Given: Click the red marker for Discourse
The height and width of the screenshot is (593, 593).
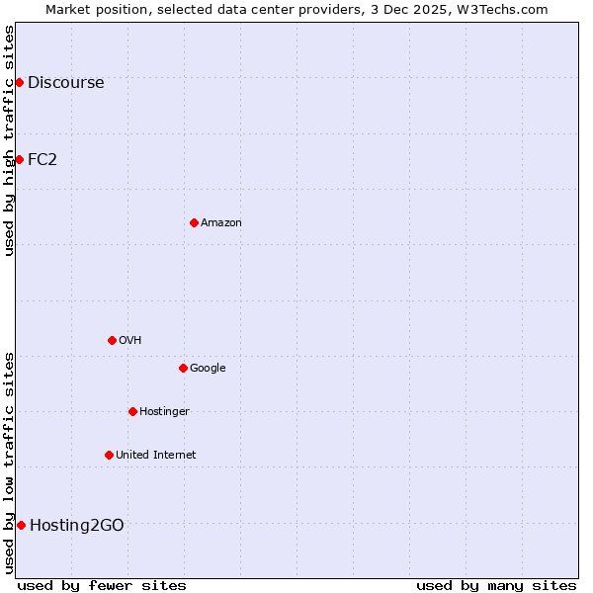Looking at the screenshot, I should coord(19,82).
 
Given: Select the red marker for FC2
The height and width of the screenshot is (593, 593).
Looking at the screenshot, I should coord(19,159).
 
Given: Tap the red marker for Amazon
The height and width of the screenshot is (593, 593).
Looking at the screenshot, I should coord(194,222).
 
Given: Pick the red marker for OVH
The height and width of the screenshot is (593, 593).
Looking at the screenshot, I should coord(112,340).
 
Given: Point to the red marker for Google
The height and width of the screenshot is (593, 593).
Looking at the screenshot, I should coord(183,368).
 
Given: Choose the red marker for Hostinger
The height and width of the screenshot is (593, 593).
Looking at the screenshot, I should coord(132,411).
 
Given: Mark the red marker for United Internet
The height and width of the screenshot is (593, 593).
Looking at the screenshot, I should coord(109,455).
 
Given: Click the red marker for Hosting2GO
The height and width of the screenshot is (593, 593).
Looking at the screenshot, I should coord(21,525).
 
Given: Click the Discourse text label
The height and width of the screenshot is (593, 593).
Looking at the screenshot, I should coord(65,83).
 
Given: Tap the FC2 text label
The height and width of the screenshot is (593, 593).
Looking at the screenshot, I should coord(42,160).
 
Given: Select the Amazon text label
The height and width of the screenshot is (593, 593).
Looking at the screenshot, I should coord(221,223).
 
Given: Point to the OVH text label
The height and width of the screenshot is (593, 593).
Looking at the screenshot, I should coord(130,341).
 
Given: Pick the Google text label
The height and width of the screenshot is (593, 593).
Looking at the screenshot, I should coord(208,369).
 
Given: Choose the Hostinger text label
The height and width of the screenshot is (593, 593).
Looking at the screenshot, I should coord(164,412).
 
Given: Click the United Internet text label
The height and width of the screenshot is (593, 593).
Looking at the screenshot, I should coord(155,456).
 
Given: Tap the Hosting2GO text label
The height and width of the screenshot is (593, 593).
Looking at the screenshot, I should coord(77,526).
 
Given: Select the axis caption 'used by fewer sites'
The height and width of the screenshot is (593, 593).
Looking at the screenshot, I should coord(102,585).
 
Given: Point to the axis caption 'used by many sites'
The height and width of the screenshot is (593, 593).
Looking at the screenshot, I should coord(496,585).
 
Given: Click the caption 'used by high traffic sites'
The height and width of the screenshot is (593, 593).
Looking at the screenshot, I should coord(9,140).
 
